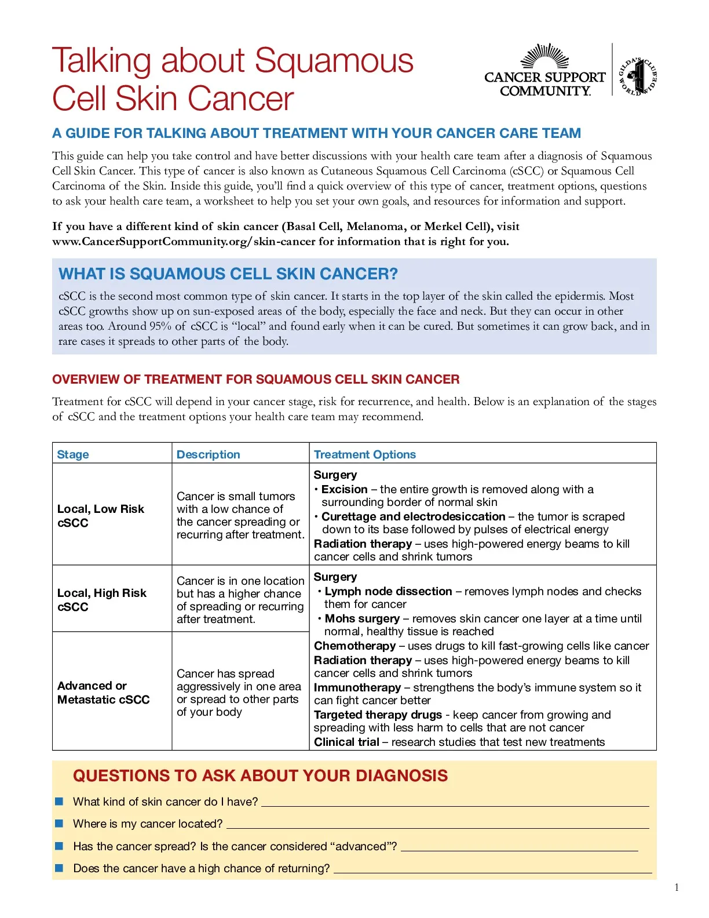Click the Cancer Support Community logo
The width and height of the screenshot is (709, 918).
tap(544, 71)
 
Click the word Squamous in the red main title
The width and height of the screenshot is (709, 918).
tap(334, 61)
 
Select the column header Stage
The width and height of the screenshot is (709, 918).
tap(73, 454)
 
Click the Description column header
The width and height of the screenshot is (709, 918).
tap(208, 454)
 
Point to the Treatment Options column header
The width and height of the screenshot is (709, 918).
tap(364, 454)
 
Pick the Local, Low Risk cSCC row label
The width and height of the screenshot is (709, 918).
tap(100, 515)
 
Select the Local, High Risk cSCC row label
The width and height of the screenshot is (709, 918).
tap(101, 599)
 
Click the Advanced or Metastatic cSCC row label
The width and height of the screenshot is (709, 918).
tap(103, 692)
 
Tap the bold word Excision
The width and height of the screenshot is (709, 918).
tap(344, 489)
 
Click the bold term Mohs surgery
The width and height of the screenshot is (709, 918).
tap(362, 618)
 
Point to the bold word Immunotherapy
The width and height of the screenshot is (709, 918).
tap(357, 687)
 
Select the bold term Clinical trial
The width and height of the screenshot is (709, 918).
tap(346, 742)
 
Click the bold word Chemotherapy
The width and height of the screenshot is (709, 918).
tap(355, 646)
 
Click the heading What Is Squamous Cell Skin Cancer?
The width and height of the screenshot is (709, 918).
tap(228, 274)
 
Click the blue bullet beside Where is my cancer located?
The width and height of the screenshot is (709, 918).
tap(59, 824)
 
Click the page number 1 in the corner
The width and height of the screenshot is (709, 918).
tap(677, 887)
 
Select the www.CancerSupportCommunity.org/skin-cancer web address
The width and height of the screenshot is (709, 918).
tap(184, 242)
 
